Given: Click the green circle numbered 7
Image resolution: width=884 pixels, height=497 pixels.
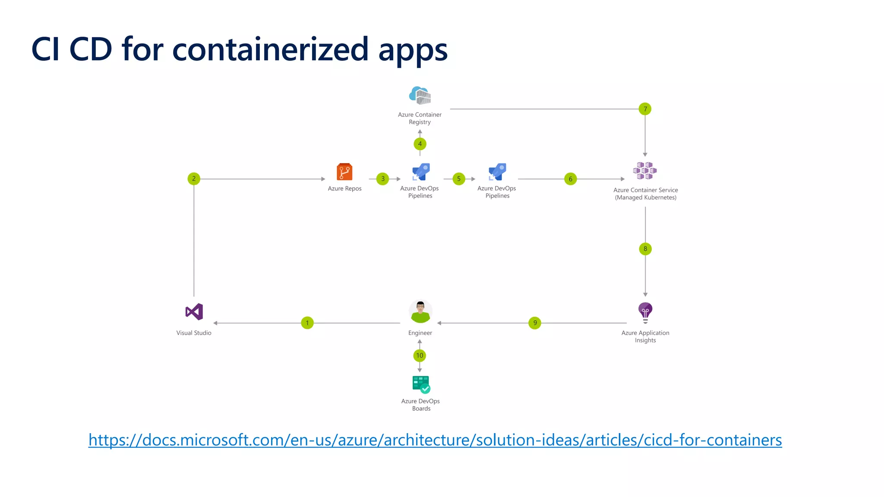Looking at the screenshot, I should (x=645, y=109).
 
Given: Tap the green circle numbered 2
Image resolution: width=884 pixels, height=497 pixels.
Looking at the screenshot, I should (x=194, y=179).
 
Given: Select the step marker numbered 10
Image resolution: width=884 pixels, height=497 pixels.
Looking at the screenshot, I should (x=420, y=355).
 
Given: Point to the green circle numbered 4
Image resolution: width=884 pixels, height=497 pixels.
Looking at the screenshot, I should (x=420, y=144).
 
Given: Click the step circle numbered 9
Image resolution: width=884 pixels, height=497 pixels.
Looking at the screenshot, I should (x=535, y=323).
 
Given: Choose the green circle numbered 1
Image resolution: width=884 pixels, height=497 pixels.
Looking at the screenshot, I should (x=307, y=323).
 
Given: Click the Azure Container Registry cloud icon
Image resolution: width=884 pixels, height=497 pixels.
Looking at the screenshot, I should (x=420, y=95).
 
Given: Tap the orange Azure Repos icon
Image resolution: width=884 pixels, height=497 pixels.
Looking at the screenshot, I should (x=344, y=172).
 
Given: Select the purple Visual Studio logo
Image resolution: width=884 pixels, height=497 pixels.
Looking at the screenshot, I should (x=194, y=311).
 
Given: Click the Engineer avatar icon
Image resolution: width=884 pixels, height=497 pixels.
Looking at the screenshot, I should (x=420, y=311).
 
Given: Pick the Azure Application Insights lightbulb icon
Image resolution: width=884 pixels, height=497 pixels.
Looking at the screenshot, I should (x=645, y=312).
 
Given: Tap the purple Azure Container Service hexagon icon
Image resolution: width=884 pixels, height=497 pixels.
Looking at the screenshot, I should (x=645, y=170).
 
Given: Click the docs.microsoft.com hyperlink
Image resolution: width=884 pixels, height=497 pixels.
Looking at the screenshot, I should (x=435, y=440).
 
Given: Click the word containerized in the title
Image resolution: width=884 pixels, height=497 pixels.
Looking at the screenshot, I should (x=271, y=49).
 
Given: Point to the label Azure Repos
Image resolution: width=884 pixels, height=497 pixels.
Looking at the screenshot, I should (x=344, y=189).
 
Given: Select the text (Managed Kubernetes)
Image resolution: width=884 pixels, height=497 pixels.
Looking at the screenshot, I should (x=646, y=198).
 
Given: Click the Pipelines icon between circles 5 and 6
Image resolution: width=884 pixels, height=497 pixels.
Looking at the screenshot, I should (x=497, y=172).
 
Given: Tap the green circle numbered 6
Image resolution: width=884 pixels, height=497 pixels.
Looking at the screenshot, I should (x=570, y=179).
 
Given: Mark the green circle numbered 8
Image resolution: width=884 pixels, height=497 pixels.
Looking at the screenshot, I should (x=645, y=248).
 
